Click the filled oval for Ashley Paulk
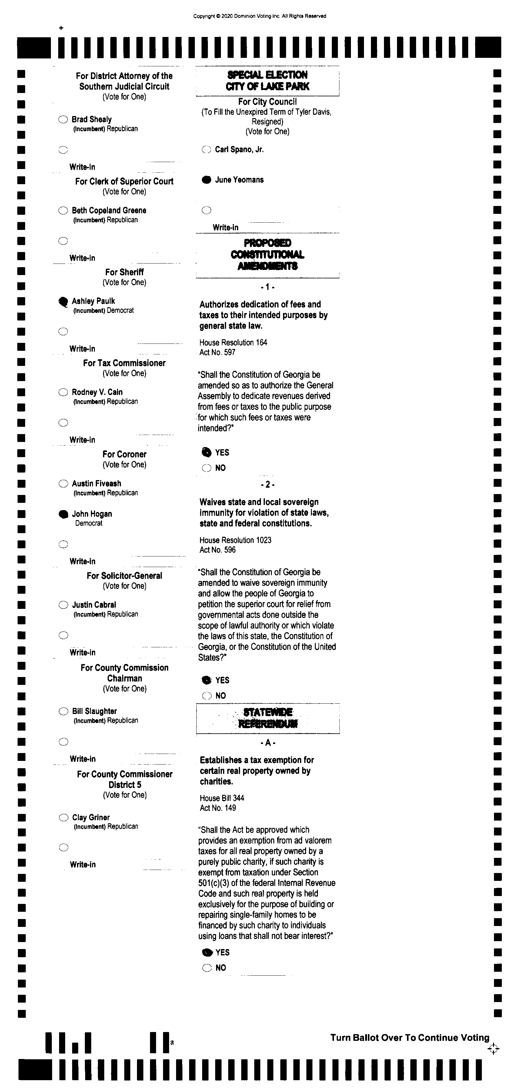coord(63,301)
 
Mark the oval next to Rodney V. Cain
coord(63,392)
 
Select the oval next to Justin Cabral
coord(63,605)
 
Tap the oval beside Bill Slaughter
coord(63,711)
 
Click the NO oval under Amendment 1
coord(207,468)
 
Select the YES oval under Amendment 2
coord(207,680)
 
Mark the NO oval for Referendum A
coord(207,968)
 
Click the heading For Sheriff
coord(124,272)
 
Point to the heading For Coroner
coord(124,454)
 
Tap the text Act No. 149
coord(218,808)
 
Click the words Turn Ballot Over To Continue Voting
coord(410,1038)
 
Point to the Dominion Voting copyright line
coord(259,16)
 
